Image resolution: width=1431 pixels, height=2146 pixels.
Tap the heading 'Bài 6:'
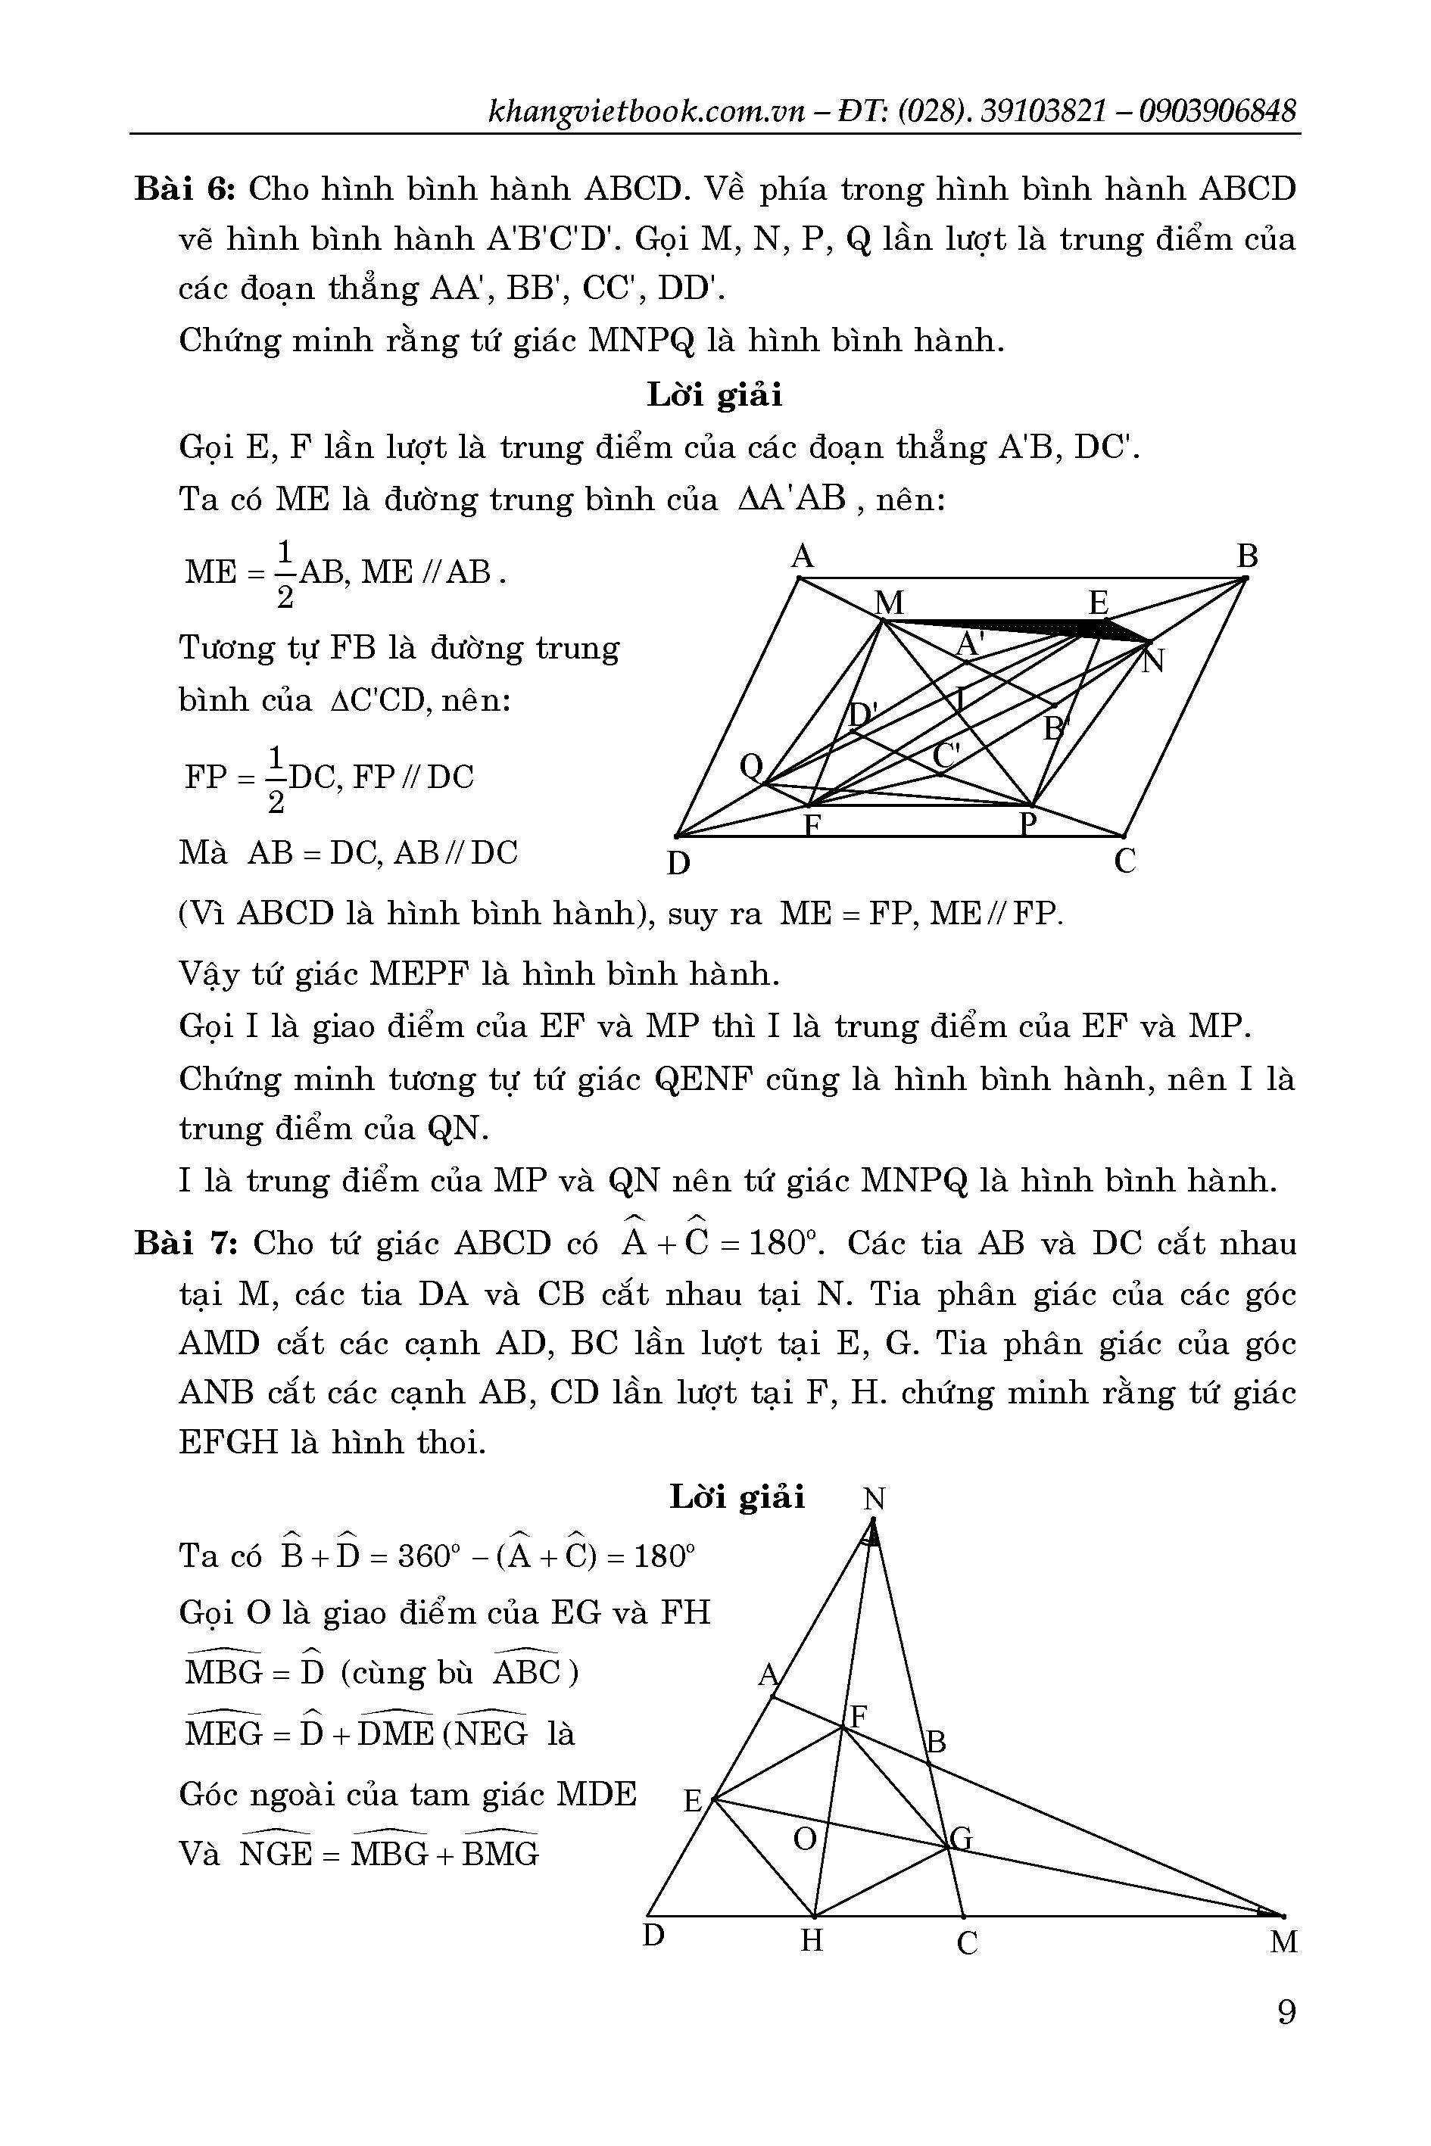(186, 190)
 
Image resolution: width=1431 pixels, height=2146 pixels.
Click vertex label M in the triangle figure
(1283, 1942)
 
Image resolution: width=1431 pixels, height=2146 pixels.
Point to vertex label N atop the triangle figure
(874, 1499)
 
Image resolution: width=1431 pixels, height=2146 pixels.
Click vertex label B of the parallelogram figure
(1247, 556)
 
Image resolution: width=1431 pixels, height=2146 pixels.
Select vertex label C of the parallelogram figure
(1125, 861)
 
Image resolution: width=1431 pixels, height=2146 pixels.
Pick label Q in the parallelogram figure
(751, 768)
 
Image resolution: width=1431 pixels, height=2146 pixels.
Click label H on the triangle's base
(812, 1941)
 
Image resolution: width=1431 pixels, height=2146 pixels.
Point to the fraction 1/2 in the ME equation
(284, 574)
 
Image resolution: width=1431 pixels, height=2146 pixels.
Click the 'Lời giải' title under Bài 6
(715, 395)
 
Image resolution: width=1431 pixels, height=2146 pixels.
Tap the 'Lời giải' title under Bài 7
(737, 1497)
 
